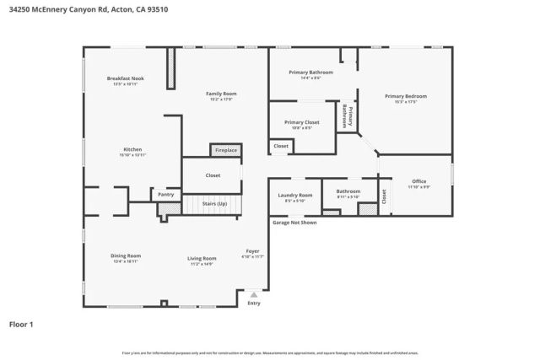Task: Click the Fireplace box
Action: (225, 150)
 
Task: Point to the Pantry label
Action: (165, 195)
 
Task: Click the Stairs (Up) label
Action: (214, 204)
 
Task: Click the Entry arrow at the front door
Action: (254, 295)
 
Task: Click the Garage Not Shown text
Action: (294, 223)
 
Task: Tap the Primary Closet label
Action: (301, 124)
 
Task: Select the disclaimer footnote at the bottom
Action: (270, 352)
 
